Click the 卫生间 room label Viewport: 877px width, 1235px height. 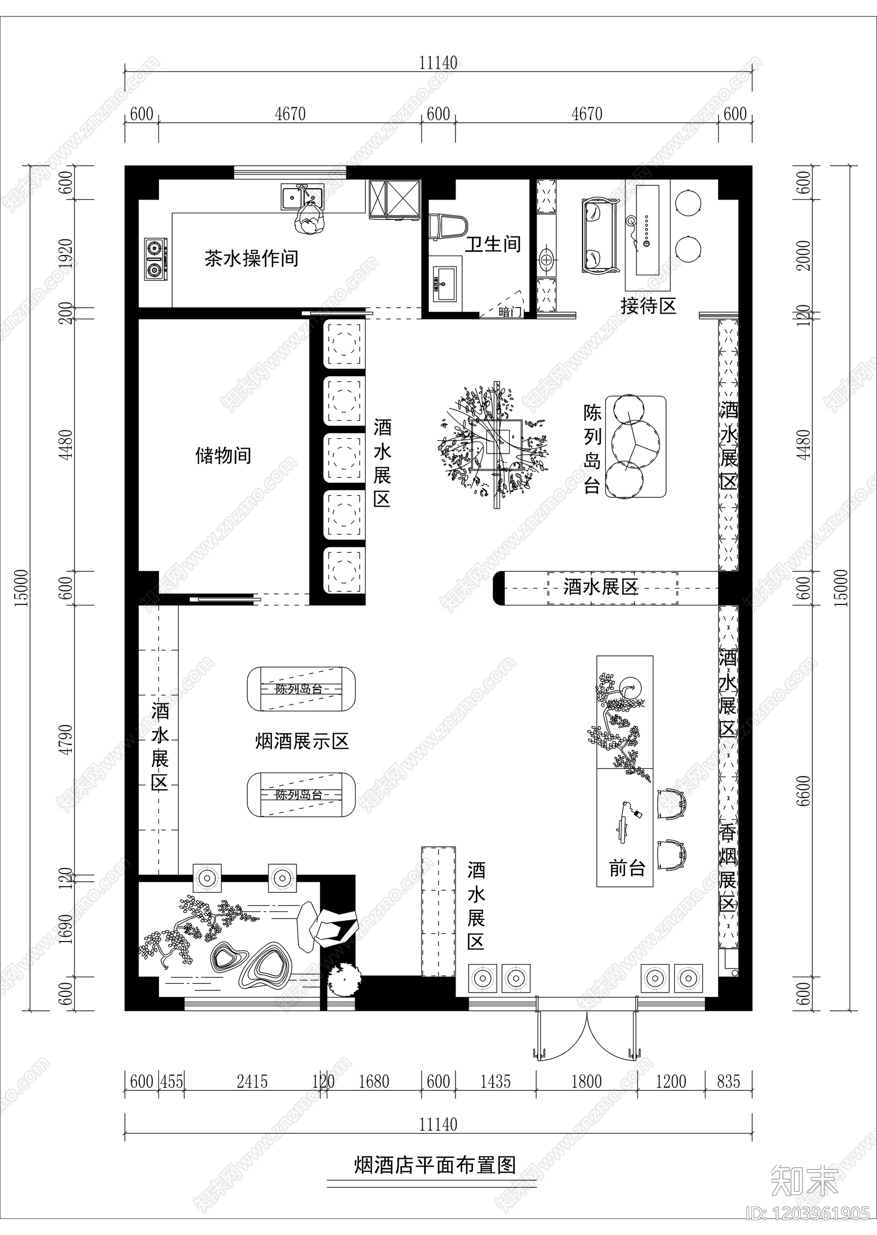coord(493,245)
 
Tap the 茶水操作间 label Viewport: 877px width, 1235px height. coord(252,258)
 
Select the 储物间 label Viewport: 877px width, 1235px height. coord(223,456)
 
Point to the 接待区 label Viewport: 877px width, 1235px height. coord(648,306)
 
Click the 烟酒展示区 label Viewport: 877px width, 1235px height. coord(302,742)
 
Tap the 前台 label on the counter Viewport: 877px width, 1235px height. coord(627,868)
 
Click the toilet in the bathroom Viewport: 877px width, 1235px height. coord(448,226)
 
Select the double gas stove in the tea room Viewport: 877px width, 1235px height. coord(155,259)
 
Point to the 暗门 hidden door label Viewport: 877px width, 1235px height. coord(510,312)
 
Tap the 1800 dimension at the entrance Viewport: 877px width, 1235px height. coord(586,1082)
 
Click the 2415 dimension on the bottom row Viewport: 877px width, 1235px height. coord(252,1082)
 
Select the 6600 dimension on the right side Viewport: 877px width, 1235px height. coord(804,791)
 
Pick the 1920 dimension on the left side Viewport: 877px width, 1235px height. coord(66,253)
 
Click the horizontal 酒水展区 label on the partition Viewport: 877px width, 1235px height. coord(601,588)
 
